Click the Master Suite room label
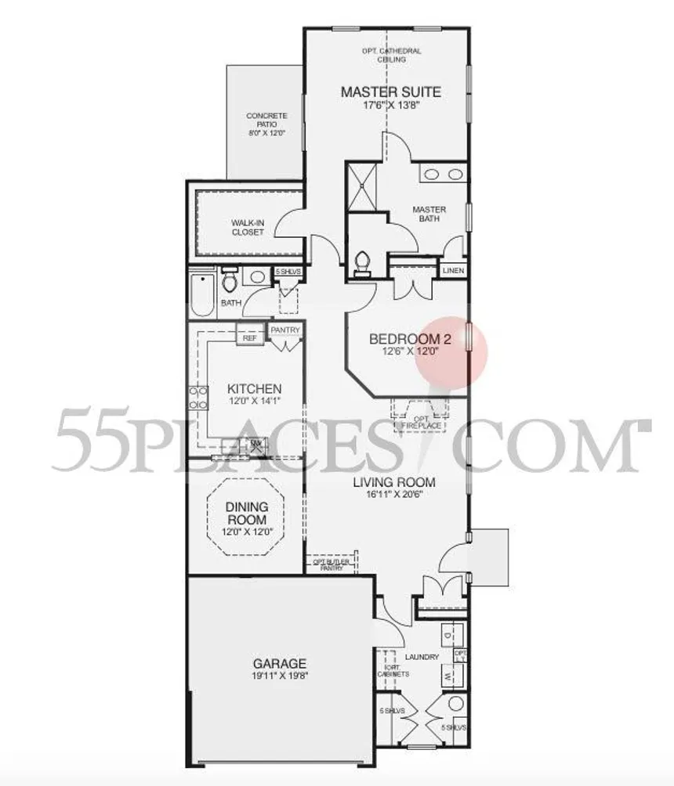[390, 92]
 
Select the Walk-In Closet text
[247, 227]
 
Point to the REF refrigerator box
[249, 338]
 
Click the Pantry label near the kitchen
[285, 330]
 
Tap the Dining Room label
[246, 514]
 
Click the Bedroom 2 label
[405, 339]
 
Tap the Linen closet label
[453, 271]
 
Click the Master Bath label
[429, 214]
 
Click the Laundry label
[422, 657]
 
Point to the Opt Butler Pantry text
[332, 565]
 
